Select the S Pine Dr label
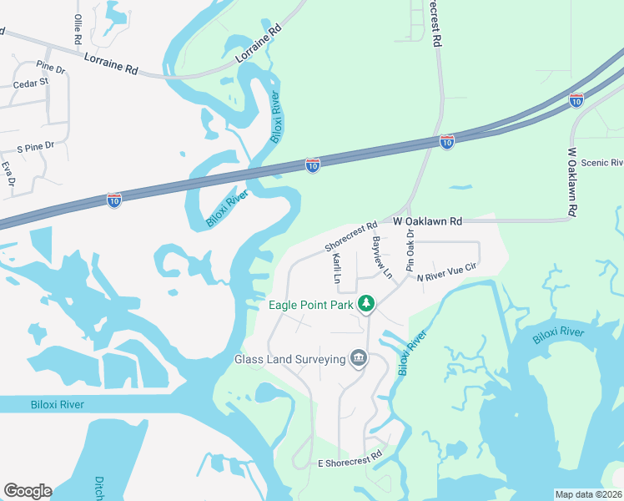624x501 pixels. [x=36, y=146]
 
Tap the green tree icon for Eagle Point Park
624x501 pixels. [x=365, y=304]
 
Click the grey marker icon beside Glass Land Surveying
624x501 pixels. [x=359, y=358]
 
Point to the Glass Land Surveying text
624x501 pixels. [x=290, y=360]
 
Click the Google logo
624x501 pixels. [x=28, y=491]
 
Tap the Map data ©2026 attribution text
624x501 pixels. [x=588, y=494]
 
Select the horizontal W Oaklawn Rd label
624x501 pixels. [x=427, y=222]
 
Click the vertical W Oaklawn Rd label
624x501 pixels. [x=572, y=183]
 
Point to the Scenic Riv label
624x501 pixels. [x=601, y=163]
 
